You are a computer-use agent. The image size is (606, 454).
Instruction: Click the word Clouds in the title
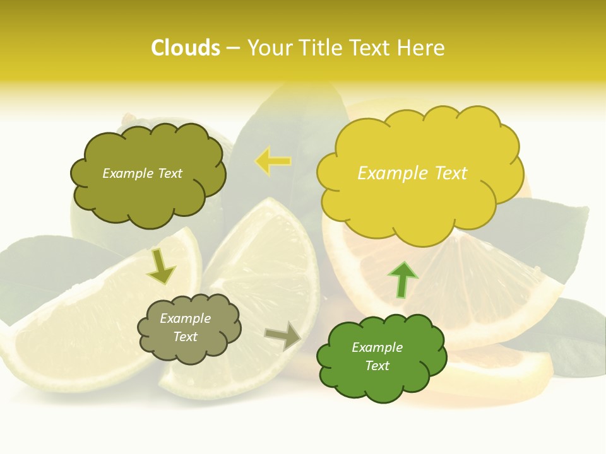[x=186, y=48]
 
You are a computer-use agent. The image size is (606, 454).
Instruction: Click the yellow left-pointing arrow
[x=273, y=161]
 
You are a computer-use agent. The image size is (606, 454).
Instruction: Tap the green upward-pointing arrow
[x=402, y=279]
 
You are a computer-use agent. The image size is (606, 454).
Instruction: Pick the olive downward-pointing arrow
[x=161, y=266]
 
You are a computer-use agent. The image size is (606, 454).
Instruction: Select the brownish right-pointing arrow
[x=283, y=335]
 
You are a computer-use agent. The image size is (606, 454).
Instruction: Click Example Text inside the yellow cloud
[x=412, y=173]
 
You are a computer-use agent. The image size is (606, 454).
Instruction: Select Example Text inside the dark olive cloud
[x=142, y=173]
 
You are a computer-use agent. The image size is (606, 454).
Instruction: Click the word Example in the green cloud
[x=377, y=347]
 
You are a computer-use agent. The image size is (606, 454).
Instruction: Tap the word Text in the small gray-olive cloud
[x=186, y=337]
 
